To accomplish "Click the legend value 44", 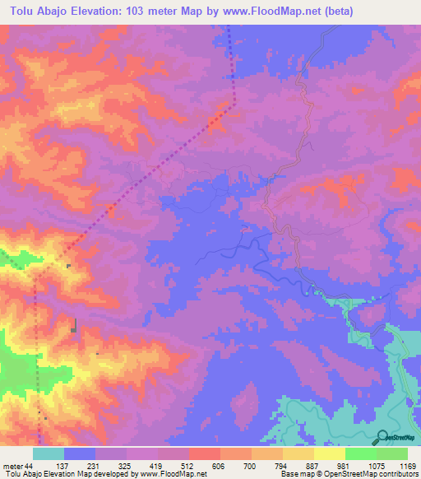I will tap(30, 465).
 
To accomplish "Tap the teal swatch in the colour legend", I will tap(49, 453).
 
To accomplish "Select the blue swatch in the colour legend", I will tap(80, 453).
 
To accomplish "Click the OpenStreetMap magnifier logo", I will tap(382, 436).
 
